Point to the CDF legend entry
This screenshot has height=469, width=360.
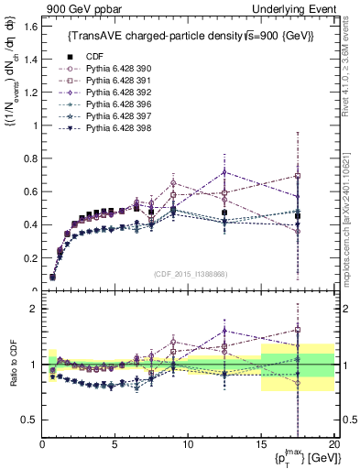[86, 56]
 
